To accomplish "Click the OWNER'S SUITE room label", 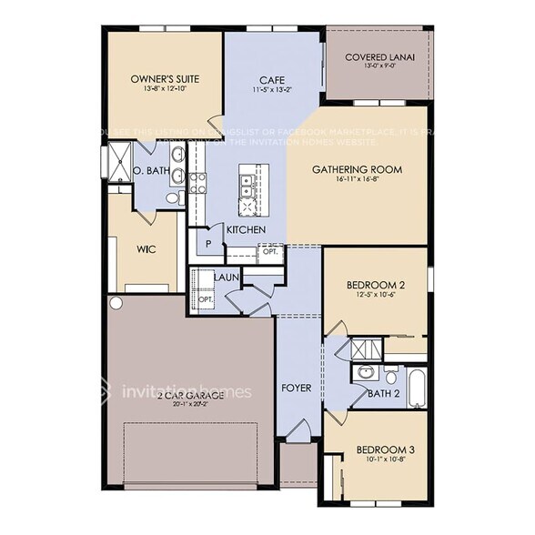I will coord(165,79).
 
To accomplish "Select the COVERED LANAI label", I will coord(379,56).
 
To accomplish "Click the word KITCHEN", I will coord(246,230).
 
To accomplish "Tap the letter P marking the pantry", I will coord(208,244).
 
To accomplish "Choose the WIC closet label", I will coord(147,247).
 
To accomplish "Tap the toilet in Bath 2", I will coord(390,375).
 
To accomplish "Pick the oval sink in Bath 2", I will coord(363,372).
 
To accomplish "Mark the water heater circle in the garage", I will coord(116,302).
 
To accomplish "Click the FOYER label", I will coord(297,389).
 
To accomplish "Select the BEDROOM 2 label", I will coord(376,285).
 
